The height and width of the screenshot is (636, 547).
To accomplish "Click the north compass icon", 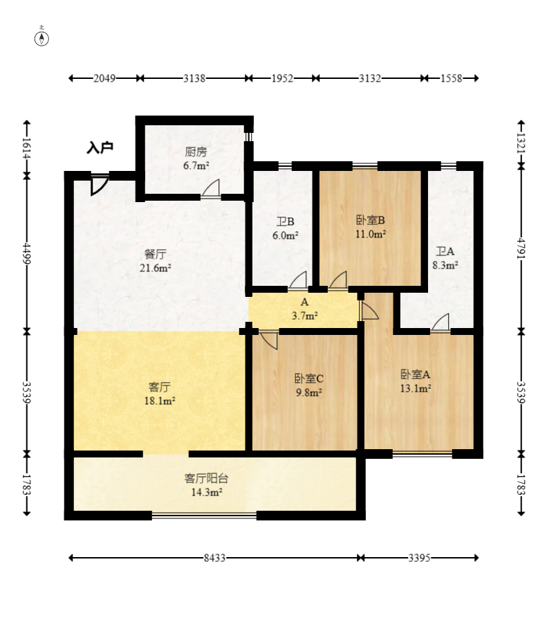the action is point(41,38).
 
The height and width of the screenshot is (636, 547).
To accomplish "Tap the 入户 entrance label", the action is point(100,147).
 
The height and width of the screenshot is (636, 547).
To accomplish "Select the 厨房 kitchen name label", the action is point(196,152).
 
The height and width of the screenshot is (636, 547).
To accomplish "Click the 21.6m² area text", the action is point(156,268).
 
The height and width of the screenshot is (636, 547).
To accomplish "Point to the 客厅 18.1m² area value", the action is point(160,401).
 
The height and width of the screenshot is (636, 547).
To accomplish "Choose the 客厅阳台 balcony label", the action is point(206,479).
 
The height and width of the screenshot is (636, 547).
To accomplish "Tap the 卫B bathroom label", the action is point(285,222).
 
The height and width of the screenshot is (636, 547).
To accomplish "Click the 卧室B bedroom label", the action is point(370,220).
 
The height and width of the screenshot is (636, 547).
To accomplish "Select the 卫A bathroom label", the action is point(445,251).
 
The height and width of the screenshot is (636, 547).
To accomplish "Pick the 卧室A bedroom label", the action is point(416,374).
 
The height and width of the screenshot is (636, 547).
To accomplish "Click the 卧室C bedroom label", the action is point(308,379).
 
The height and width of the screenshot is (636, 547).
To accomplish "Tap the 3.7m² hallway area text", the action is point(305,316).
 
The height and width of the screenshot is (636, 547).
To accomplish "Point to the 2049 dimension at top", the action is point(104,78).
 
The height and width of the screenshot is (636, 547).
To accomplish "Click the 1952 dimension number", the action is point(282,78).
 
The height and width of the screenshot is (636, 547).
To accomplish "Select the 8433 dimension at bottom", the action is point(214,558).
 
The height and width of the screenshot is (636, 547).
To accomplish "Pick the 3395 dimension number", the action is point(419,558).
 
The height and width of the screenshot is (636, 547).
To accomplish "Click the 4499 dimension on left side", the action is point(27,253).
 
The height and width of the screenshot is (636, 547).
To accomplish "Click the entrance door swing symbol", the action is point(100,185).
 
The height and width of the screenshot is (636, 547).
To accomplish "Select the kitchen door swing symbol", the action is point(211,189).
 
